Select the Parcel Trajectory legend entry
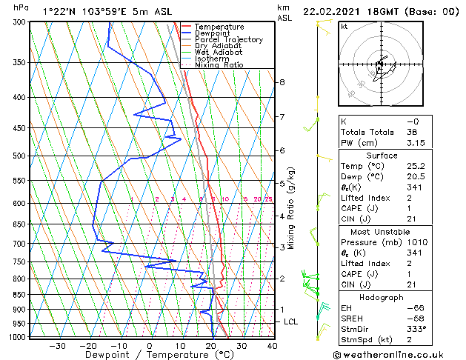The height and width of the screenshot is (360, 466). coord(228,40)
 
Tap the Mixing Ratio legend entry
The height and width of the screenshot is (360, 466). coord(219,65)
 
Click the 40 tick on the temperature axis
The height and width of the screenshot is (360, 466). coord(272,345)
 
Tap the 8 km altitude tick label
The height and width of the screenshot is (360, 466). coord(282,81)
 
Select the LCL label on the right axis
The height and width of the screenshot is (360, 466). coord(291,321)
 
